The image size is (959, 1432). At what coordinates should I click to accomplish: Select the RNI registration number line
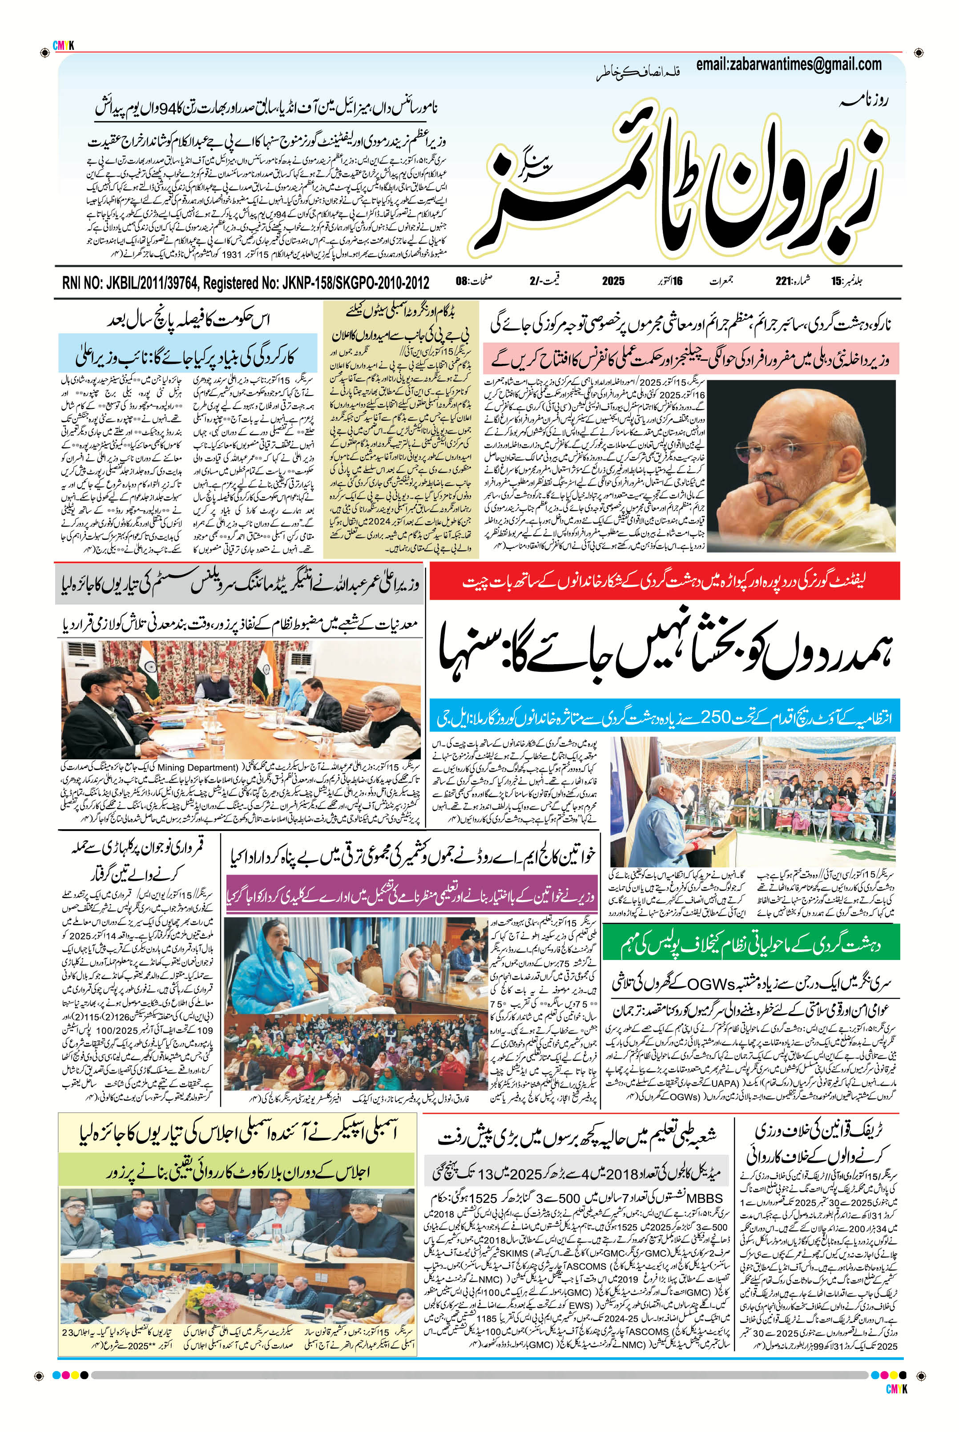[x=245, y=282]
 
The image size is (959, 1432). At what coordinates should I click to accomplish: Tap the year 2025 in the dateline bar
[x=613, y=282]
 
